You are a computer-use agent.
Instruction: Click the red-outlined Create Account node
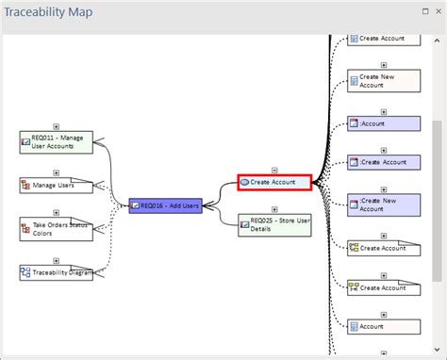(x=273, y=181)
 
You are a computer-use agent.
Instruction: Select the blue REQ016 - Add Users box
(x=166, y=205)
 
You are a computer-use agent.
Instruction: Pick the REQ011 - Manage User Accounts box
(x=57, y=141)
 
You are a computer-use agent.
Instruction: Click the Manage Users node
(x=57, y=185)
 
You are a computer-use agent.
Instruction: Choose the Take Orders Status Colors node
(x=57, y=229)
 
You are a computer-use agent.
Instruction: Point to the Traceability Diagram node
(x=57, y=271)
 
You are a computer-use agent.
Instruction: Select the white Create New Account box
(x=383, y=80)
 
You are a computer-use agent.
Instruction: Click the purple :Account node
(x=383, y=123)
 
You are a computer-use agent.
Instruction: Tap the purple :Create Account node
(x=383, y=162)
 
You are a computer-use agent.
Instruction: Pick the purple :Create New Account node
(x=383, y=205)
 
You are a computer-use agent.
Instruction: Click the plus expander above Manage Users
(x=57, y=172)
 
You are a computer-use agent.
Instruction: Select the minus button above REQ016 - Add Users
(x=166, y=191)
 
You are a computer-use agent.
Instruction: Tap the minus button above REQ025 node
(x=273, y=211)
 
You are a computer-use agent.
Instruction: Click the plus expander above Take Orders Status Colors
(x=57, y=215)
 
